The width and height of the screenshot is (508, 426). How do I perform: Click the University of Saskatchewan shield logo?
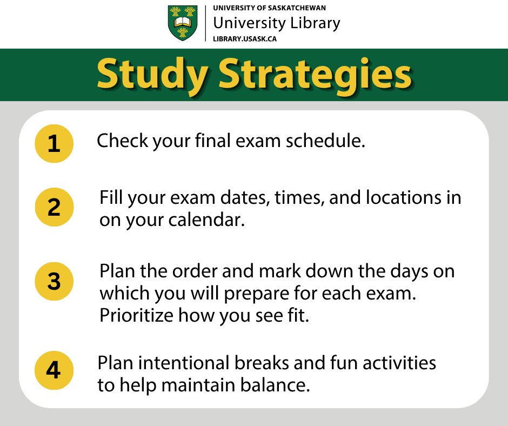[183, 23]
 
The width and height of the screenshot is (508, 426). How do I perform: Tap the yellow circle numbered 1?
[54, 144]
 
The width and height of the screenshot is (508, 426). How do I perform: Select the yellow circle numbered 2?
[54, 207]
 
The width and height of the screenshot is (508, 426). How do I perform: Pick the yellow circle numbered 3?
[54, 281]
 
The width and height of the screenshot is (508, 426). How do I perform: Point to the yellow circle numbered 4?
[54, 370]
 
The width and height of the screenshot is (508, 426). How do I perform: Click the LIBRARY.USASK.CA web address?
[245, 38]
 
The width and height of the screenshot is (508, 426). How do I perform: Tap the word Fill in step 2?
[112, 197]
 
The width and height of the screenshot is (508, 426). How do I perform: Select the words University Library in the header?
[277, 23]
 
